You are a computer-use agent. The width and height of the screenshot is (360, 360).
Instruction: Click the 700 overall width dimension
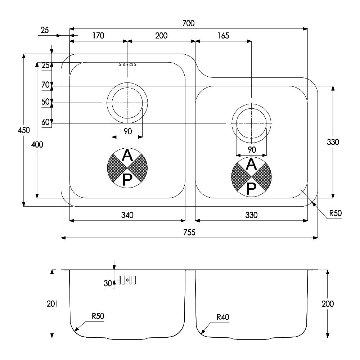point(188,23)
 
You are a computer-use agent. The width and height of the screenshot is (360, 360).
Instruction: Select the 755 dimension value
point(189,233)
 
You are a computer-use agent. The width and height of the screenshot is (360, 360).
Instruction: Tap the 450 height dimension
point(24,130)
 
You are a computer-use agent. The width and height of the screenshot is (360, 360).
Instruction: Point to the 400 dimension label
point(37,144)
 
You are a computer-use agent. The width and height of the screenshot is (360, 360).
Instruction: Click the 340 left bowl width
point(127,215)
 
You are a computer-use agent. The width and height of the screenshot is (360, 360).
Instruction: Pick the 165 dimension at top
point(223,36)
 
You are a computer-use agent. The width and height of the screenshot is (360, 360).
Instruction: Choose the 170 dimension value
point(98,36)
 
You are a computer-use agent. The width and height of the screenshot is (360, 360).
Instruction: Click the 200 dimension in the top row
point(161,36)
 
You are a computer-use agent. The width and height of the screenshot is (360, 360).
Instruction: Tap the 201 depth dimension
point(52,304)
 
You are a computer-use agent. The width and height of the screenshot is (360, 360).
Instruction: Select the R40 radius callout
point(223,317)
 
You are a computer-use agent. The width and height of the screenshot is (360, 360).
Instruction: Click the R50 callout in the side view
point(98,316)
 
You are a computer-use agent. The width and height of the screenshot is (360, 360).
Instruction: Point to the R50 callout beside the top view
point(336,213)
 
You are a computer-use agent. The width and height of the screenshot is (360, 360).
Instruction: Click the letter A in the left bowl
point(127,155)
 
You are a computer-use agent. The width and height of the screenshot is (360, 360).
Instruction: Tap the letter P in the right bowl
point(251,189)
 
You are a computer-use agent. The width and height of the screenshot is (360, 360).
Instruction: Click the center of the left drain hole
point(127,103)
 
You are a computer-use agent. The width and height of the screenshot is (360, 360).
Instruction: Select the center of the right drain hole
point(251,123)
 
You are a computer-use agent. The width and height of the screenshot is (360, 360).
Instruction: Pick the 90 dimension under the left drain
point(128,131)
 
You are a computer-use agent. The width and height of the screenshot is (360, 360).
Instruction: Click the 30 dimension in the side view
point(108,283)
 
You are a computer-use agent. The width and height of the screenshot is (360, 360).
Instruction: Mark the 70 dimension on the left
point(45,85)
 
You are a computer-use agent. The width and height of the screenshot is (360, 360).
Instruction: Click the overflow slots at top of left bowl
point(127,65)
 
